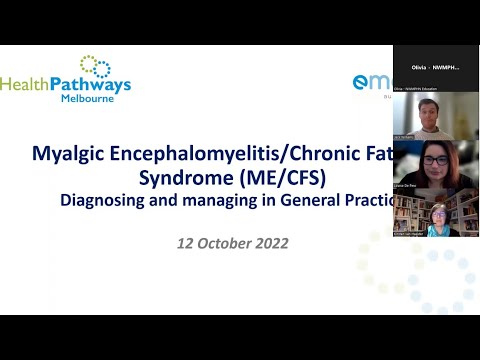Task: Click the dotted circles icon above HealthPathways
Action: pos(95,65)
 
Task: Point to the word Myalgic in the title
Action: pos(72,156)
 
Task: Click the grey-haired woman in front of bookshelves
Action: pos(438,218)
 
